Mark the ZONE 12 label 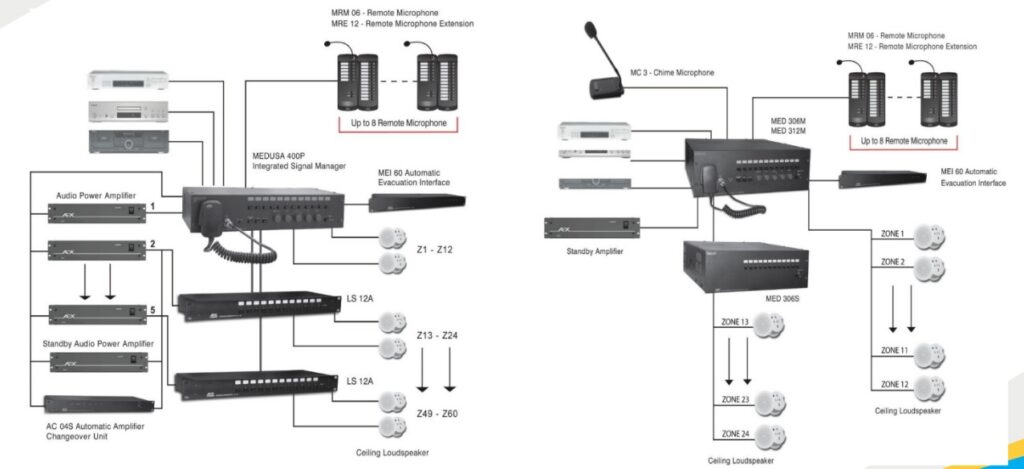click(894, 385)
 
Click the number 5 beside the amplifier click(152, 311)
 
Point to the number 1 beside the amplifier click(152, 206)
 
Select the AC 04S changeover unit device click(99, 404)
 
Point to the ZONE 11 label click(894, 351)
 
